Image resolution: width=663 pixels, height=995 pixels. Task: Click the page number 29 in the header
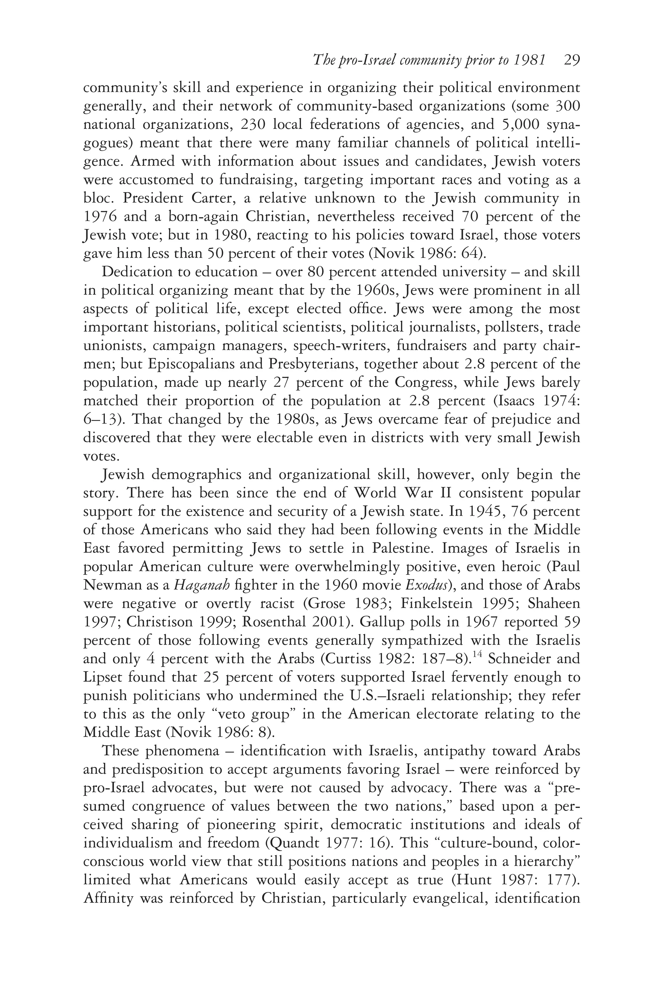[572, 61]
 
